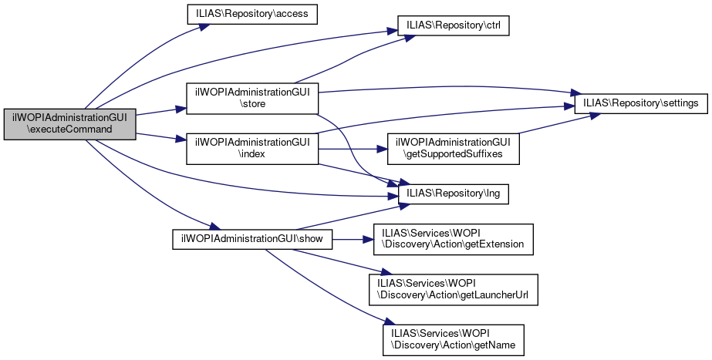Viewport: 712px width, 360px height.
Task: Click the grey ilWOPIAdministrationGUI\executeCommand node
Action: point(69,123)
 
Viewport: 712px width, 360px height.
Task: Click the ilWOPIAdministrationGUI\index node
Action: point(252,150)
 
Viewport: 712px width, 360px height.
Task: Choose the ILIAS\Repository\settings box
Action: point(640,103)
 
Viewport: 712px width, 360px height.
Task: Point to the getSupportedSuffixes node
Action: point(453,150)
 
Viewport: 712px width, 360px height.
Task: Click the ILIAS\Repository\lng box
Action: point(453,194)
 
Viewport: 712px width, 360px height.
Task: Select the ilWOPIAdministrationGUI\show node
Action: point(251,239)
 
